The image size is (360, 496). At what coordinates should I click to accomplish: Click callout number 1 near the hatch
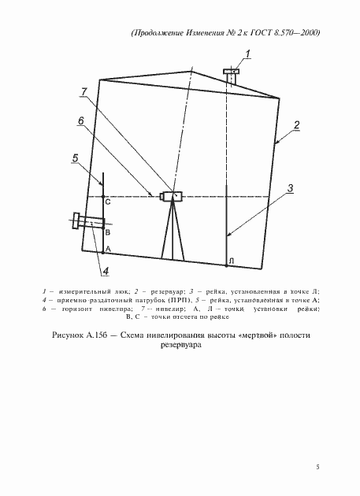pos(247,54)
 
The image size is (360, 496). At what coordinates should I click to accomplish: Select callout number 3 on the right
pos(290,188)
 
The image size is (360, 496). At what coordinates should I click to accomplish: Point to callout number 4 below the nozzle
pos(105,272)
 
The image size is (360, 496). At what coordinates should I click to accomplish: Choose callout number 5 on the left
pos(75,158)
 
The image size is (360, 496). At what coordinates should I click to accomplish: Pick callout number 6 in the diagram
pos(80,120)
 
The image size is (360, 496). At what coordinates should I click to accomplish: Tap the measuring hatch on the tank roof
pos(232,76)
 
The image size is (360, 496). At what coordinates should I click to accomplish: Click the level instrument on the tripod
pos(171,196)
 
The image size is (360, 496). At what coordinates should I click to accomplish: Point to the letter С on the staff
pos(108,203)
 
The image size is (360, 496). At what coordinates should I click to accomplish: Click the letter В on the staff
pos(108,234)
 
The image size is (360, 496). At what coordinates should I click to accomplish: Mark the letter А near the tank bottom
pos(108,248)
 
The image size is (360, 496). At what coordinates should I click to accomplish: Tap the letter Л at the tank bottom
pos(230,261)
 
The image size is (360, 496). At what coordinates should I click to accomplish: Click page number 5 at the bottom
pos(317,468)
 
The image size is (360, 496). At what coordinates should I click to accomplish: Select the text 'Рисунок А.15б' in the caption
pos(80,335)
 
